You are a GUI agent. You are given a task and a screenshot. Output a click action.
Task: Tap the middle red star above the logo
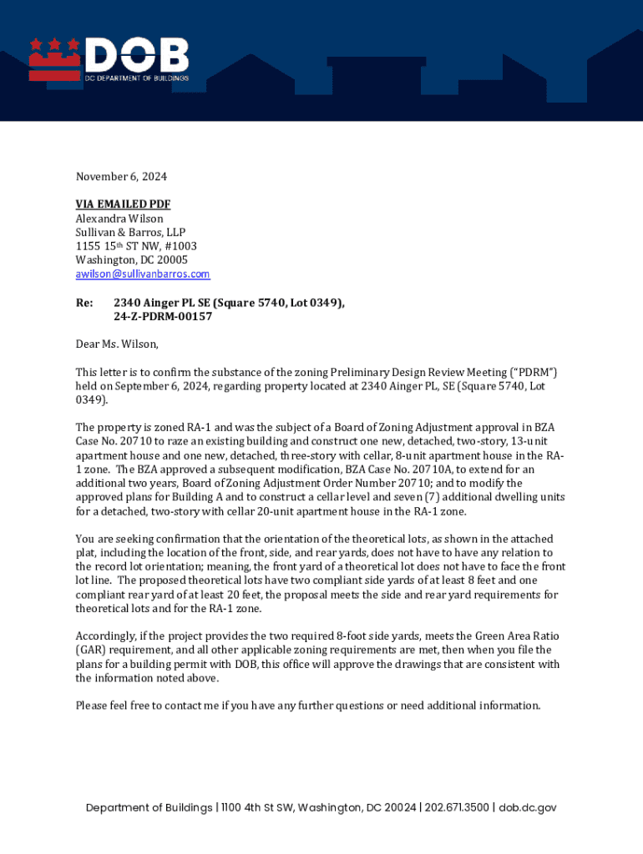coord(53,43)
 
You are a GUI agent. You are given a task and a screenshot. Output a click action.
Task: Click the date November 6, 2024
coord(121,177)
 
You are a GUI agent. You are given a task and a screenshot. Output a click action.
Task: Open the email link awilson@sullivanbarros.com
coord(143,274)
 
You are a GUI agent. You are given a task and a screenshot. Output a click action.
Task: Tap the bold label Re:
coord(84,303)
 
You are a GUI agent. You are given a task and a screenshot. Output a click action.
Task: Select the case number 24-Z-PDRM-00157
coord(163,317)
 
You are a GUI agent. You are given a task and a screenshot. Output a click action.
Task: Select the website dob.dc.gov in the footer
coord(528,807)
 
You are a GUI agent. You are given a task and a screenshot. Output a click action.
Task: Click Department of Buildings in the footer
coord(149,807)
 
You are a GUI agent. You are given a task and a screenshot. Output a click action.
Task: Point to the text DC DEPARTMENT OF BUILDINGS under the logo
coord(138,78)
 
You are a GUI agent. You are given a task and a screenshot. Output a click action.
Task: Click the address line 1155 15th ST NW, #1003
coord(136,246)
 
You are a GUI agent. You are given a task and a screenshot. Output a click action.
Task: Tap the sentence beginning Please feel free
coord(308,706)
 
